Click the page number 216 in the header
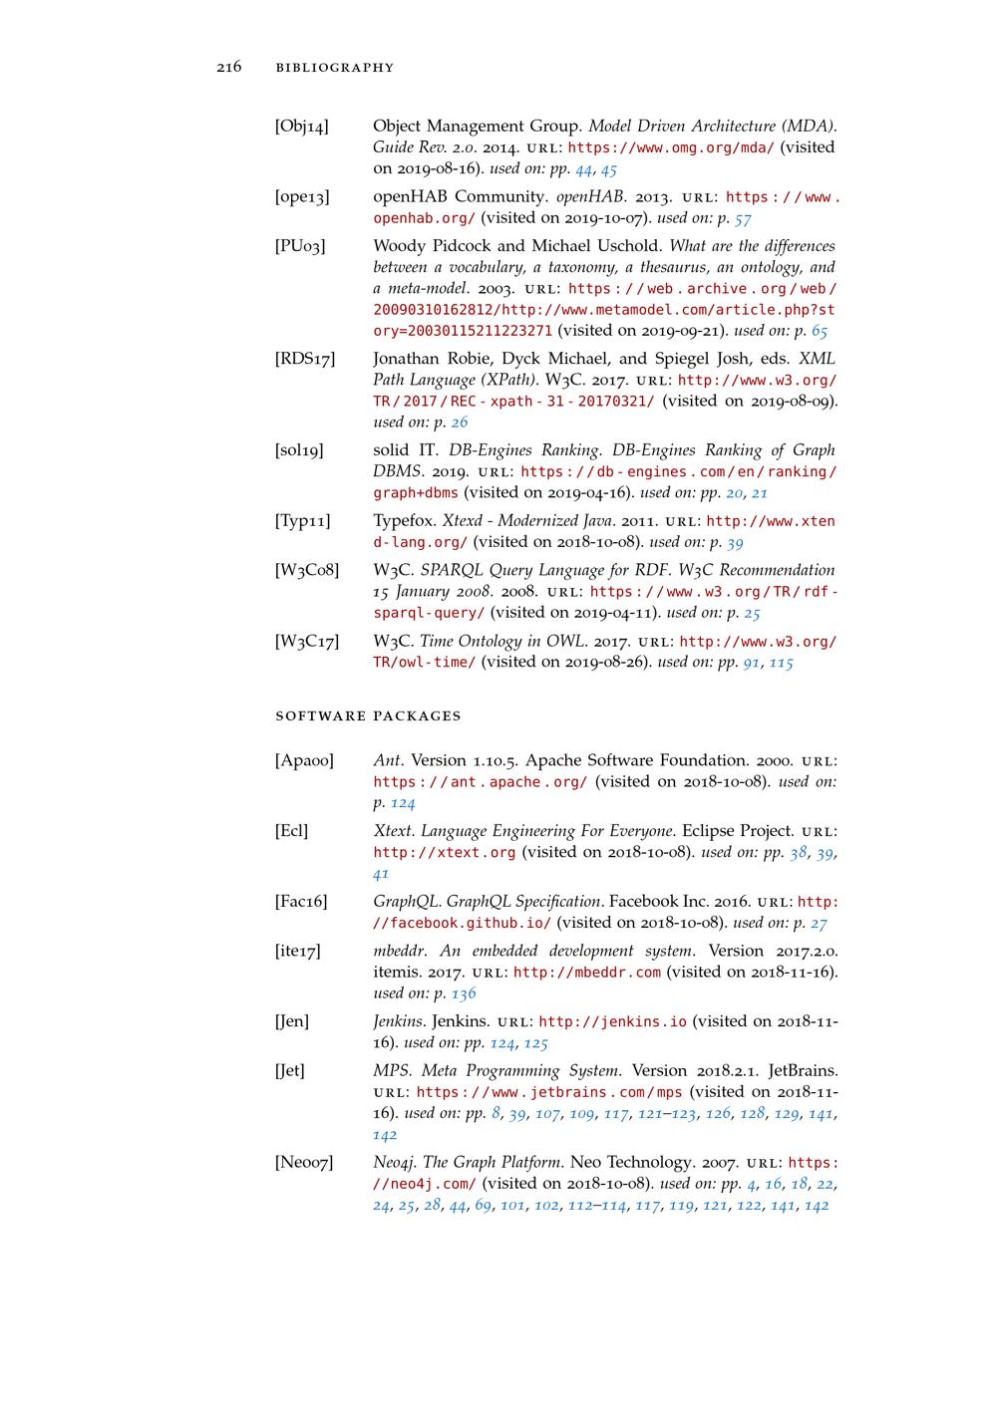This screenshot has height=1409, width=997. [x=228, y=68]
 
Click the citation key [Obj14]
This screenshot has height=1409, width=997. [x=302, y=127]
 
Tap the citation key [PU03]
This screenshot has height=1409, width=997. [x=300, y=246]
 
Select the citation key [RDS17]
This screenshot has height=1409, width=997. [x=305, y=359]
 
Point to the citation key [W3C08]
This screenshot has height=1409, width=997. [x=307, y=571]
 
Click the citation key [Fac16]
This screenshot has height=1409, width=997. [x=301, y=902]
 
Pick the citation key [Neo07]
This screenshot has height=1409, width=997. [x=304, y=1163]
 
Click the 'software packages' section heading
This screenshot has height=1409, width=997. [x=368, y=715]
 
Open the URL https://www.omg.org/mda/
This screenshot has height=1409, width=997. [x=671, y=147]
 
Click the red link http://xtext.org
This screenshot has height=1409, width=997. [x=445, y=853]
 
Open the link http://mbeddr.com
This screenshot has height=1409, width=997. [x=586, y=973]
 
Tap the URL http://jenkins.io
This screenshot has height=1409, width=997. [x=612, y=1022]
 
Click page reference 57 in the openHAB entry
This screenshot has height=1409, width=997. [x=743, y=218]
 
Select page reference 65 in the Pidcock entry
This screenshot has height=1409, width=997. [x=819, y=331]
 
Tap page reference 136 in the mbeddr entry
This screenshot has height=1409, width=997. [x=464, y=993]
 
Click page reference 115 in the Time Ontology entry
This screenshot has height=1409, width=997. [x=781, y=663]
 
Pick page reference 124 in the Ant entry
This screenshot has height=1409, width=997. [x=403, y=803]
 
